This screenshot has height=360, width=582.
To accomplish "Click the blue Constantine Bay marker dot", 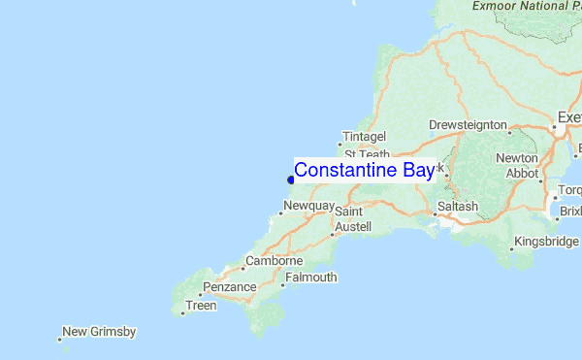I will [290, 179].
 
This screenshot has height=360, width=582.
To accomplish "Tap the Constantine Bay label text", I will [364, 171].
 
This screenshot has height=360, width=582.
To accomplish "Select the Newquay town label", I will [309, 207].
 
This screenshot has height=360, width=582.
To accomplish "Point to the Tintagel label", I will [365, 137].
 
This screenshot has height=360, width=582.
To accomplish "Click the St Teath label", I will [367, 154].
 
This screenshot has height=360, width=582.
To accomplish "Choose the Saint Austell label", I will [348, 218].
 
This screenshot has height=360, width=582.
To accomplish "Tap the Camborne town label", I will [275, 261].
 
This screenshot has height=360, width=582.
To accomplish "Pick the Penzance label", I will [229, 287].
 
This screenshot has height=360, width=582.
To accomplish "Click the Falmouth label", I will [311, 278].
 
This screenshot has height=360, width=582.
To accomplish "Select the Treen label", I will [202, 306].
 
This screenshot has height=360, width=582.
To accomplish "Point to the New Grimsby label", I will [99, 332].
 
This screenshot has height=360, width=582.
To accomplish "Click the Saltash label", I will [458, 207].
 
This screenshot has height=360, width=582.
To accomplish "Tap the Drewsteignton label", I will [468, 125].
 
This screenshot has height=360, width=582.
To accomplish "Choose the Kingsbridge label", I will [548, 241].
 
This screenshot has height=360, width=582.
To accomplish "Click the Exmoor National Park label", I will [527, 6].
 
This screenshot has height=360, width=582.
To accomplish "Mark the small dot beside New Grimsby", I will [59, 339].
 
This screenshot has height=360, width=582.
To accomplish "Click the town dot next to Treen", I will [182, 313].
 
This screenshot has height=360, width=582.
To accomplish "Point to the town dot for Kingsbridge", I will [512, 248].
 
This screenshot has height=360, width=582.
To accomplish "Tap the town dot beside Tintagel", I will [339, 145].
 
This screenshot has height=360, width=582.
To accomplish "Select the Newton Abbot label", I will [516, 166].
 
